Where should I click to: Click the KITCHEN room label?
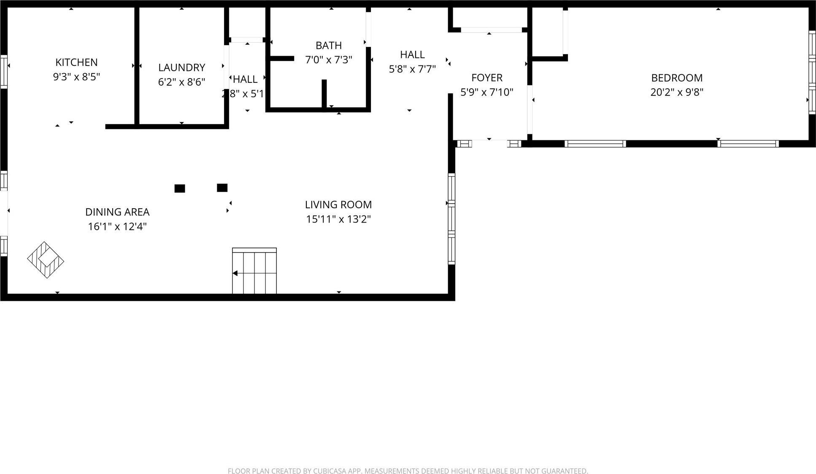(76, 63)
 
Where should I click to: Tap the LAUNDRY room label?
(181, 68)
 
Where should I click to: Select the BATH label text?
(329, 46)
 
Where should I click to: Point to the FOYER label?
(487, 78)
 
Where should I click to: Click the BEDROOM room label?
(677, 78)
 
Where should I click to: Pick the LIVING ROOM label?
(338, 205)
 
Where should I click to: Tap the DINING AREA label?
(117, 212)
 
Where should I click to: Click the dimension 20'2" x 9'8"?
(677, 92)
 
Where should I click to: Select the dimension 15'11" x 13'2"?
(338, 219)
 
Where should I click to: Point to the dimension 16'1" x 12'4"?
(117, 226)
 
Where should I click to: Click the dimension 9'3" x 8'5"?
(76, 77)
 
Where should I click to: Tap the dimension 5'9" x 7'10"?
(487, 92)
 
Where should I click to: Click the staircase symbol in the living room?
(254, 271)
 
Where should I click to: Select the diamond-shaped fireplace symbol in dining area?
(46, 260)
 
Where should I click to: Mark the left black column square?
(180, 188)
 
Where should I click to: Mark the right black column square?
(222, 188)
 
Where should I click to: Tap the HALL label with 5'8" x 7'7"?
(412, 55)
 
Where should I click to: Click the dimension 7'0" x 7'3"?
(329, 60)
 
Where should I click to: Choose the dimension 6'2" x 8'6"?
(181, 82)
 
